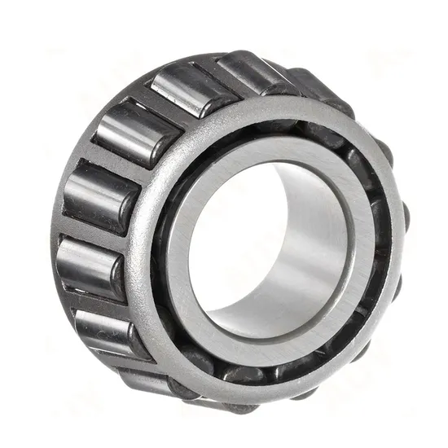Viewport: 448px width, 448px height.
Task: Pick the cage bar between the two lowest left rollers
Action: [x=122, y=358]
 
